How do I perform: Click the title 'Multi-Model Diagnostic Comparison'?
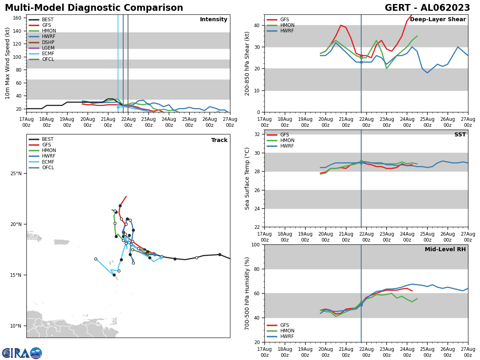tap(94, 8)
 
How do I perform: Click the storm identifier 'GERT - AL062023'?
tap(427, 8)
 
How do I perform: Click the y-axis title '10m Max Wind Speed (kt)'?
tap(8, 63)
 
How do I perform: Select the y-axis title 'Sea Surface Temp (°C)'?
tap(248, 178)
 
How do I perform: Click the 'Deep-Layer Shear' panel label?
tap(438, 20)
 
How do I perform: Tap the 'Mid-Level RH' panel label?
tap(445, 250)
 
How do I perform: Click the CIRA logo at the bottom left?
tap(22, 353)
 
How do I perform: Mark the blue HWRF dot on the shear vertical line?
tap(361, 62)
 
